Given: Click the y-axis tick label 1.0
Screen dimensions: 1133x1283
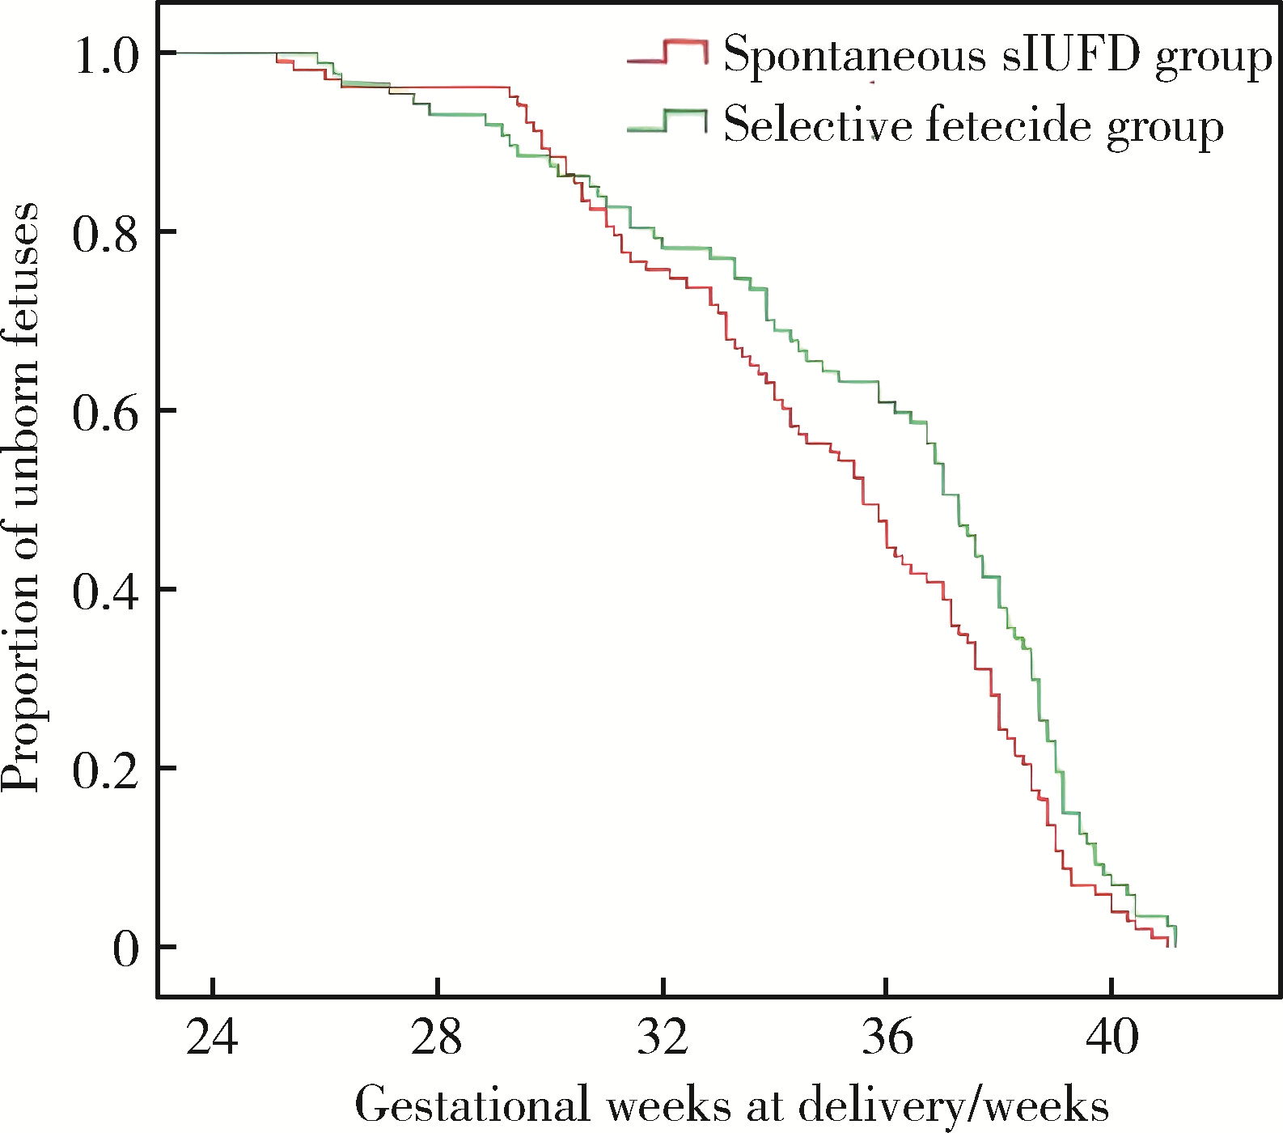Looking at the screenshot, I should click(107, 56).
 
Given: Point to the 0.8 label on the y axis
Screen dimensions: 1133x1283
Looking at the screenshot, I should click(107, 235).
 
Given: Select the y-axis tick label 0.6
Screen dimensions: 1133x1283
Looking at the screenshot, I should click(107, 413).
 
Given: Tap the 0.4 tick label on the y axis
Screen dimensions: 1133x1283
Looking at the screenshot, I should click(107, 592).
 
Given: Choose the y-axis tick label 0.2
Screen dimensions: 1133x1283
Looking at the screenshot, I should click(107, 770).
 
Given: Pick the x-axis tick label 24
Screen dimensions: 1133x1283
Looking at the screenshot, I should click(212, 1038).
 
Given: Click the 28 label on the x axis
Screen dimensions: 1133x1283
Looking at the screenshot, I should click(437, 1038).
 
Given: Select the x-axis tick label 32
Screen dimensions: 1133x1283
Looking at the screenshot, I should click(663, 1038).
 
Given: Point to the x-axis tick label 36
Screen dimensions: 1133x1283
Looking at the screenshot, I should click(887, 1038).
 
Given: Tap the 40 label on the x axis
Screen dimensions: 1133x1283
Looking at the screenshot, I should click(1112, 1038).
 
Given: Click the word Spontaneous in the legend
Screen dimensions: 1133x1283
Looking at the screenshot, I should click(854, 55).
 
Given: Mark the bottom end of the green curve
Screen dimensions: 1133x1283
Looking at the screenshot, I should click(1175, 945).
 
